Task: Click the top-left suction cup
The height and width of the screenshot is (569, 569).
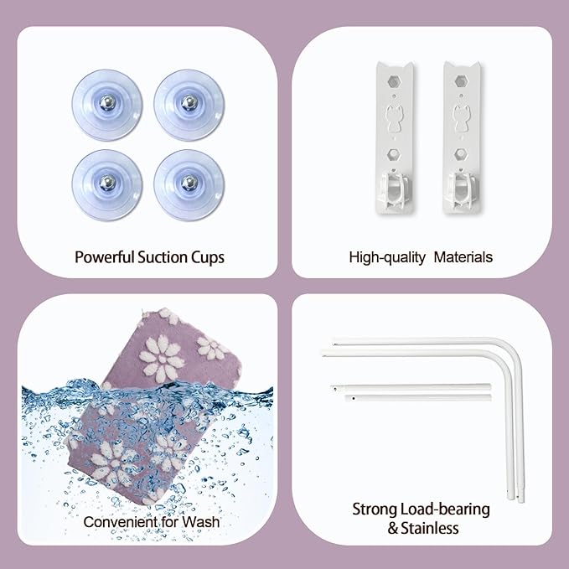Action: click(x=107, y=105)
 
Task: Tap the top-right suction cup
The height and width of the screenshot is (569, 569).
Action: click(x=189, y=105)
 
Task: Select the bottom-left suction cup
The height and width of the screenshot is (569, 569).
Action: click(x=107, y=185)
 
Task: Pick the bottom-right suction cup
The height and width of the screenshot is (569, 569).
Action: click(x=189, y=185)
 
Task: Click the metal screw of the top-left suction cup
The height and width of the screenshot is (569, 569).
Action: click(x=107, y=103)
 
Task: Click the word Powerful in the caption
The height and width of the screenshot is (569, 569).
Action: click(x=105, y=257)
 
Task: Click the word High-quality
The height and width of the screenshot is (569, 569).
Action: click(x=387, y=257)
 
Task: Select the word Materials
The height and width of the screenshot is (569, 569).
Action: click(x=463, y=257)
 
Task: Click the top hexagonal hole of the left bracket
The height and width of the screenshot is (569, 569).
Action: click(x=393, y=81)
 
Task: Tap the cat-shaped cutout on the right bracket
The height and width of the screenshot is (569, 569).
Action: click(x=461, y=117)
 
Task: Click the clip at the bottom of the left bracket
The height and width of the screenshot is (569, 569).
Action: click(x=394, y=191)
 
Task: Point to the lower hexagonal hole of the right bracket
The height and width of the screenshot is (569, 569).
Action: click(x=459, y=154)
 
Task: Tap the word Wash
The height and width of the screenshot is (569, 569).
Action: click(x=200, y=522)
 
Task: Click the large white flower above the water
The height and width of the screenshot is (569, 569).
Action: click(x=162, y=359)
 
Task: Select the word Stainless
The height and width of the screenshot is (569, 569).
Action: click(x=430, y=528)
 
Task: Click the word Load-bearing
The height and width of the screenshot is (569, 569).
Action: click(x=445, y=510)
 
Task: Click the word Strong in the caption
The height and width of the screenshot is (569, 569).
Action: click(x=375, y=510)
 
